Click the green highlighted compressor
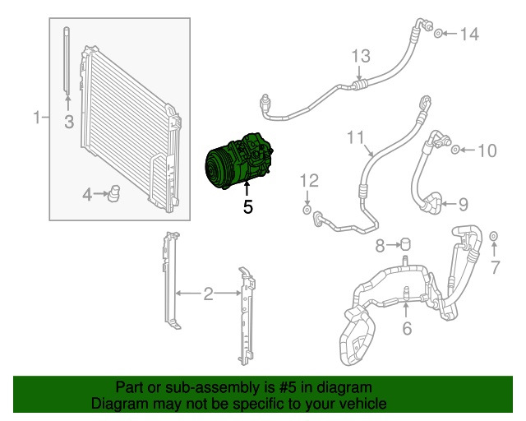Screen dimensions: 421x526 pos(238,160)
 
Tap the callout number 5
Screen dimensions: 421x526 pos(247,207)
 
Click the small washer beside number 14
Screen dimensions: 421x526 pos(439,34)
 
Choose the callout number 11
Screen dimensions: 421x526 pos(353,136)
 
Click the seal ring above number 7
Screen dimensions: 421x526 pos(494,238)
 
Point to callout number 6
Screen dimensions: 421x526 pos(406,330)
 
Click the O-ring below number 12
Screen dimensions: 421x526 pos(307,212)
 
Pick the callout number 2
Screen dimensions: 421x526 pos(208,294)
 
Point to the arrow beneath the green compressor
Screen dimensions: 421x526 pos(247,191)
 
